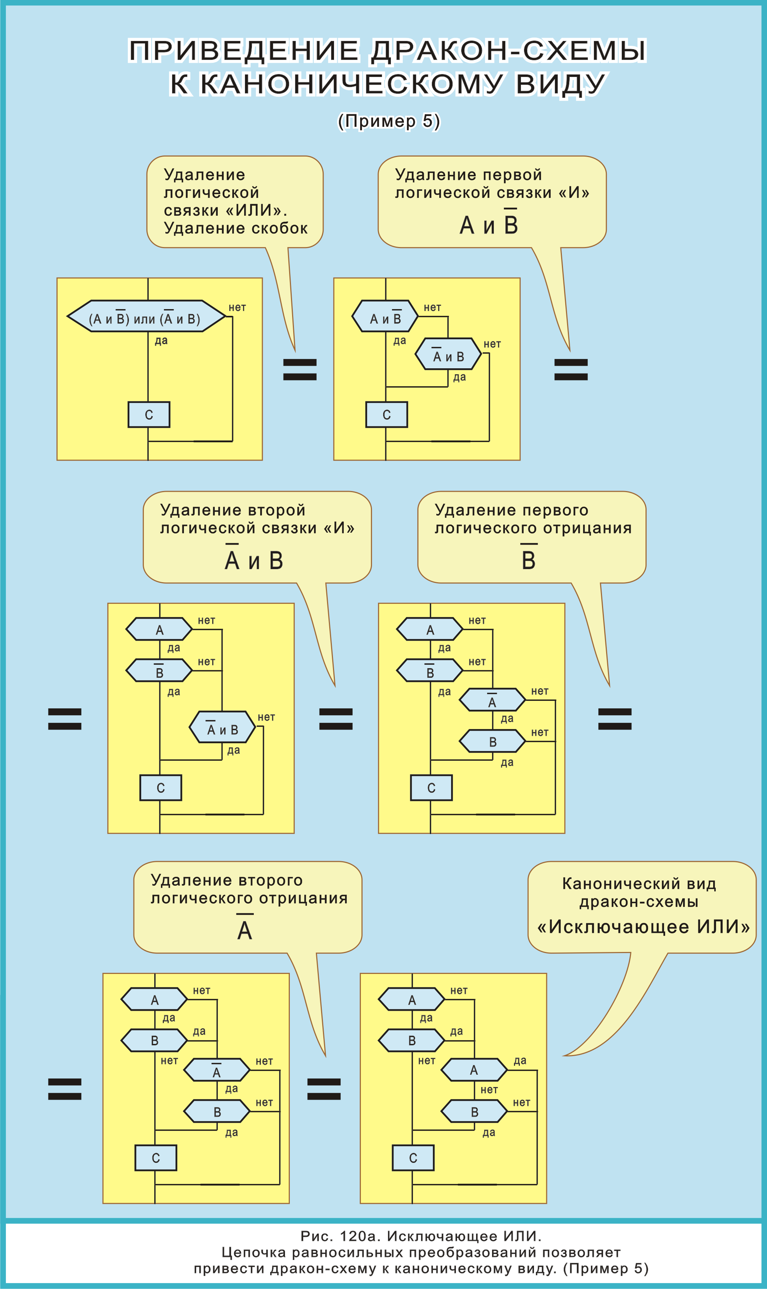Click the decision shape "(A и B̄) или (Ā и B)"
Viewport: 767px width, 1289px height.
(x=146, y=316)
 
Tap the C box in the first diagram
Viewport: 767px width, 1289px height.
(x=149, y=414)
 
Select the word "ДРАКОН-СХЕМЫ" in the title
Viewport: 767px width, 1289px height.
(x=508, y=51)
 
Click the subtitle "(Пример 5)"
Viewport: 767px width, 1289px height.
(x=389, y=121)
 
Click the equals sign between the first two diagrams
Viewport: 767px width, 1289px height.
(x=300, y=369)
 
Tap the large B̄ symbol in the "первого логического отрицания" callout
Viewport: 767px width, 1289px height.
(x=528, y=559)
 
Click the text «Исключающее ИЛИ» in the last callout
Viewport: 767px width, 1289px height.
(x=644, y=926)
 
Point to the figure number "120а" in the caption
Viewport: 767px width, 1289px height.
(x=360, y=1236)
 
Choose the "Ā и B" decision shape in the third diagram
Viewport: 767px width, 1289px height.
(x=222, y=727)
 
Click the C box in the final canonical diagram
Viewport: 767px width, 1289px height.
(x=413, y=1158)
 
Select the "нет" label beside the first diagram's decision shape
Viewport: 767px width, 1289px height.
(x=237, y=308)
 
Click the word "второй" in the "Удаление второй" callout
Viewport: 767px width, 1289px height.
(x=276, y=510)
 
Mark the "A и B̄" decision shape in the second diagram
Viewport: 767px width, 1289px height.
(x=385, y=316)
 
